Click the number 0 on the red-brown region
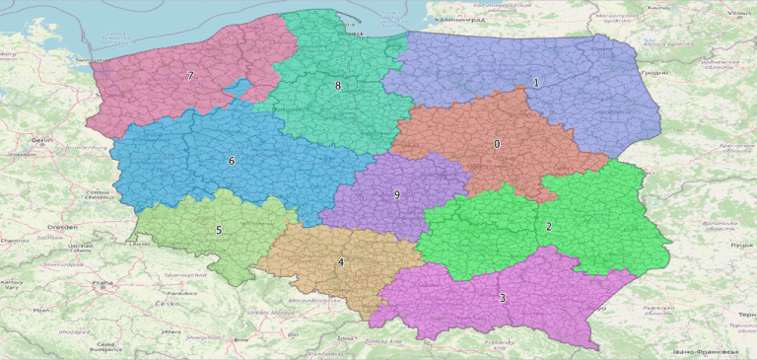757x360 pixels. tap(497, 144)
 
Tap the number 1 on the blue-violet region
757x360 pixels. tap(536, 83)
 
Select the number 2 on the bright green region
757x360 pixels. tap(549, 227)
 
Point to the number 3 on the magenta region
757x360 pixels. tap(502, 298)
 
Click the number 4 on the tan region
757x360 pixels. tap(341, 262)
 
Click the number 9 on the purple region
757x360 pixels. tap(397, 195)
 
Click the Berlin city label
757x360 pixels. tap(41, 141)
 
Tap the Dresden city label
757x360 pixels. tap(40, 226)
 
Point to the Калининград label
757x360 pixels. tap(455, 20)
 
